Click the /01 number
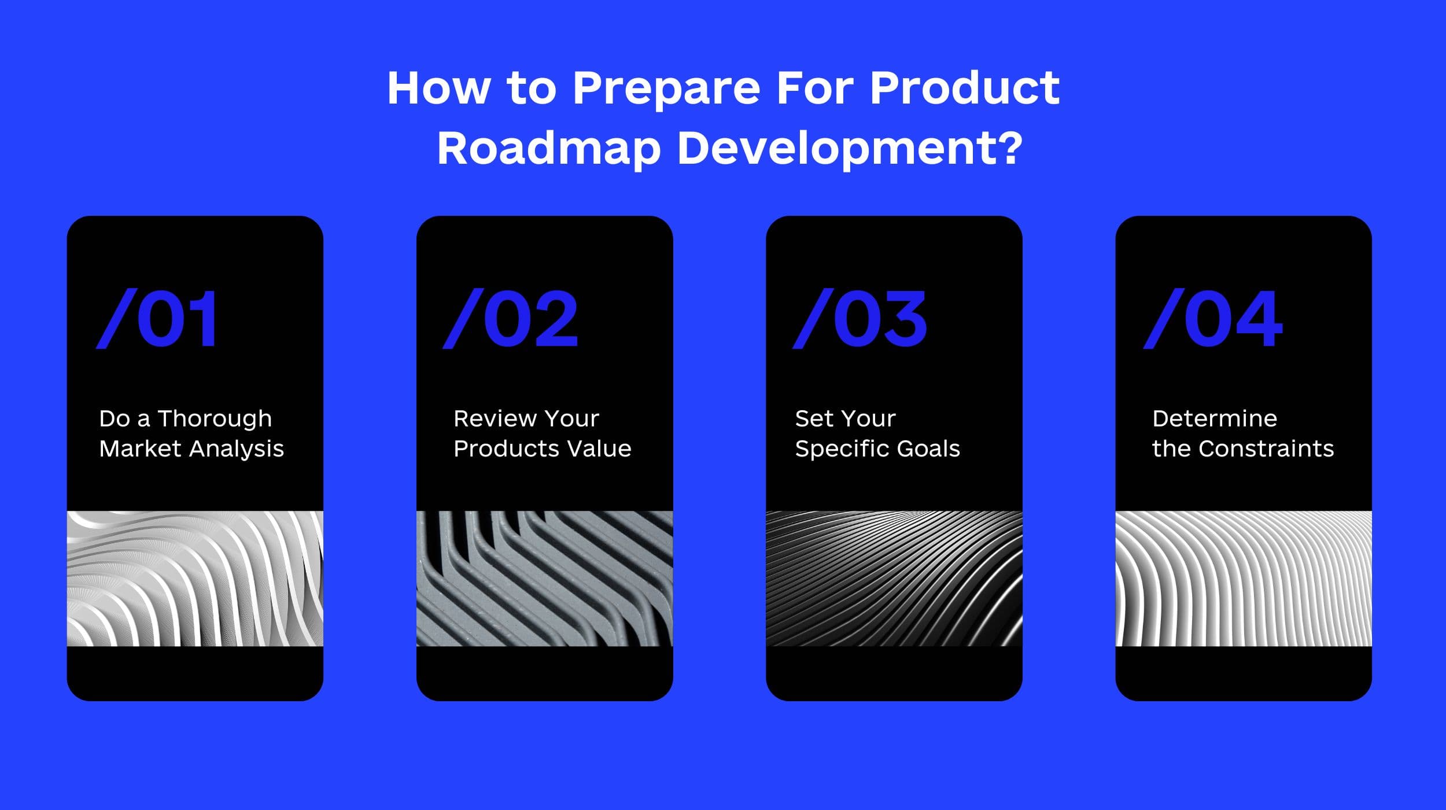click(157, 319)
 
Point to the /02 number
click(510, 319)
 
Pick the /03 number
click(860, 319)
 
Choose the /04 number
click(1213, 319)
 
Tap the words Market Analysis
click(191, 449)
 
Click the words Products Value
click(543, 448)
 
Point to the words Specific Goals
click(877, 449)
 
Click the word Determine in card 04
click(1215, 418)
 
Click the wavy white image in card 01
click(195, 579)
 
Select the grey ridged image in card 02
click(544, 579)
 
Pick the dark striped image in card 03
click(894, 579)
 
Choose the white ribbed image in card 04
click(1244, 579)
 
